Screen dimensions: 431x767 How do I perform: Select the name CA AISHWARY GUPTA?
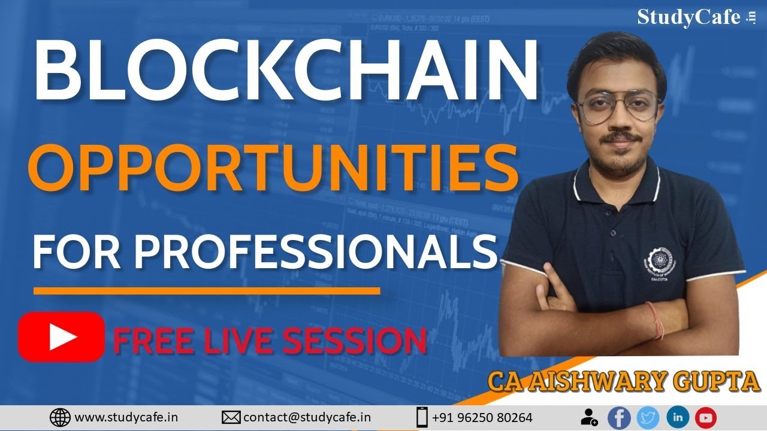(x=624, y=381)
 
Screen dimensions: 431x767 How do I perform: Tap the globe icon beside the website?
(x=60, y=417)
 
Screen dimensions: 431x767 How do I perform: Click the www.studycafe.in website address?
(x=126, y=417)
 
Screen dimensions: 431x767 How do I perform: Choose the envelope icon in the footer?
(x=231, y=417)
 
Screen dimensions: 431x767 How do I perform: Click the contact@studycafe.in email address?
(x=307, y=417)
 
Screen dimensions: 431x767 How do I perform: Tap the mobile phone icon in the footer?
(x=422, y=417)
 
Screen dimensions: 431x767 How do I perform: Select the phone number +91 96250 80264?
(x=482, y=417)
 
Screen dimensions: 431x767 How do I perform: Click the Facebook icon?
(x=619, y=418)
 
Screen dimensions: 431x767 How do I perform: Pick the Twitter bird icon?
(x=648, y=418)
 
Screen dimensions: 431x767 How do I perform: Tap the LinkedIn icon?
(x=677, y=418)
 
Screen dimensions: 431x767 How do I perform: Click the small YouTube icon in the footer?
(x=706, y=418)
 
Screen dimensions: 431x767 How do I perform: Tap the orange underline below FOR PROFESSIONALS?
(x=207, y=291)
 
